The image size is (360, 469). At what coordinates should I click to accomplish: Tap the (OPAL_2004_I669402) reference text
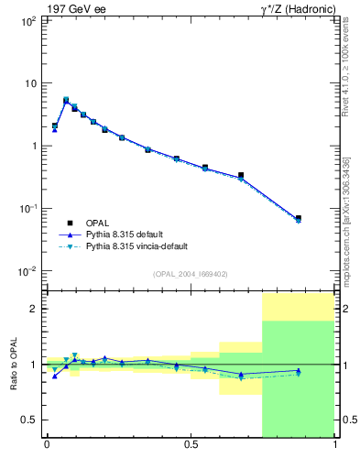tap(191, 273)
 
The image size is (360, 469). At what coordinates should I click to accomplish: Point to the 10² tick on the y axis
tap(27, 20)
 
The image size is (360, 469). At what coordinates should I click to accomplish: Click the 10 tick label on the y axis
tap(29, 83)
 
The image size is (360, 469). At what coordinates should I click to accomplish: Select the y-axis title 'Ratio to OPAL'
tap(13, 365)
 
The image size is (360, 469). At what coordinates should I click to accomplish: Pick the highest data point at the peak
tap(66, 100)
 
